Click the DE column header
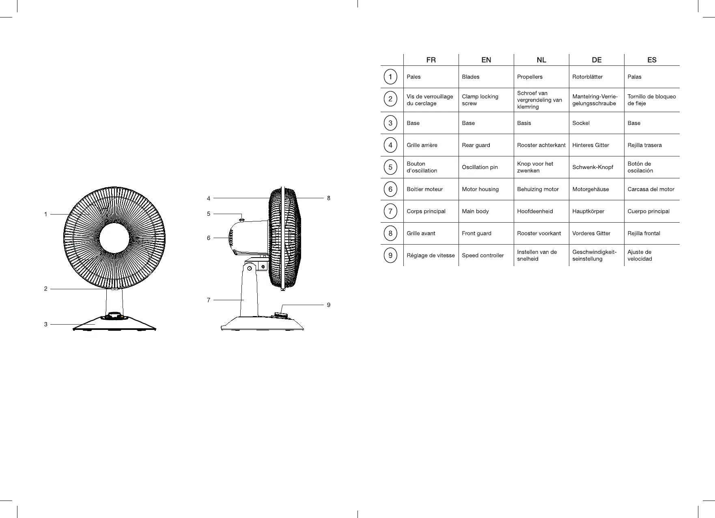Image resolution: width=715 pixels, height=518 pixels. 597,60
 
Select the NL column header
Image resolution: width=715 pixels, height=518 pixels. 541,60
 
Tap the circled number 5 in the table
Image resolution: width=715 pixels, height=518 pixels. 390,167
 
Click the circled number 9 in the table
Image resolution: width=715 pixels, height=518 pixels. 390,255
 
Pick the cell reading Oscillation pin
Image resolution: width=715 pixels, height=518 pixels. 480,167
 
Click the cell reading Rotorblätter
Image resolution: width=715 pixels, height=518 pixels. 587,77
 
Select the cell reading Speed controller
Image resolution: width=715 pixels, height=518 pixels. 483,255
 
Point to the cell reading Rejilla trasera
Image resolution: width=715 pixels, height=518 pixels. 644,145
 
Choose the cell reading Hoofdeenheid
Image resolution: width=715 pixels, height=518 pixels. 535,211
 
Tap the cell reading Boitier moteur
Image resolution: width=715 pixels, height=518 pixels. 424,189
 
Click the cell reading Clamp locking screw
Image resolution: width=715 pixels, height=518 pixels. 480,100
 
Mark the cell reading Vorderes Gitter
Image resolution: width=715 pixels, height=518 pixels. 591,233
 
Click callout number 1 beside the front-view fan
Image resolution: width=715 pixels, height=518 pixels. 46,214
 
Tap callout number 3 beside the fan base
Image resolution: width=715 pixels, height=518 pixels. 46,324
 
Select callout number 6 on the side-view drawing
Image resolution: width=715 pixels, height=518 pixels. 209,238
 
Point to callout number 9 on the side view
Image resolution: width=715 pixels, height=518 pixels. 329,305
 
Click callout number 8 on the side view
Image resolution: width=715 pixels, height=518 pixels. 329,198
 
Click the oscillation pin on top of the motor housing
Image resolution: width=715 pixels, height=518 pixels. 242,219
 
